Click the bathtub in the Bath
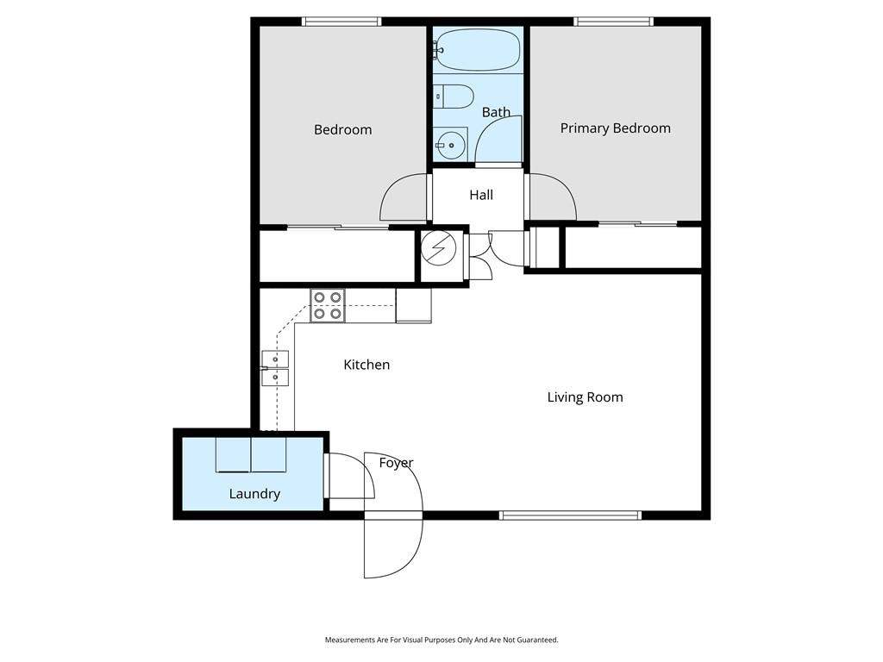click(x=478, y=49)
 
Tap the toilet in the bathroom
click(x=454, y=97)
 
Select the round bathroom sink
click(x=450, y=144)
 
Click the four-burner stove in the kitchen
click(x=327, y=306)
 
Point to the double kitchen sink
click(x=275, y=368)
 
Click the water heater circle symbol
click(x=439, y=248)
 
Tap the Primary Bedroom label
click(x=616, y=128)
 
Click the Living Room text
click(x=586, y=397)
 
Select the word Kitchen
click(x=366, y=365)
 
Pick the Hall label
click(x=481, y=195)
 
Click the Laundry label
click(x=254, y=494)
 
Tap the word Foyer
click(x=397, y=463)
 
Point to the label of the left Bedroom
click(x=343, y=130)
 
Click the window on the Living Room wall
click(x=571, y=515)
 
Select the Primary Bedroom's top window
click(x=614, y=22)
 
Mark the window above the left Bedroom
click(x=341, y=22)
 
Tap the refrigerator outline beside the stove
click(x=413, y=306)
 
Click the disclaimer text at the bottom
click(x=441, y=640)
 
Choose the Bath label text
click(x=496, y=113)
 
